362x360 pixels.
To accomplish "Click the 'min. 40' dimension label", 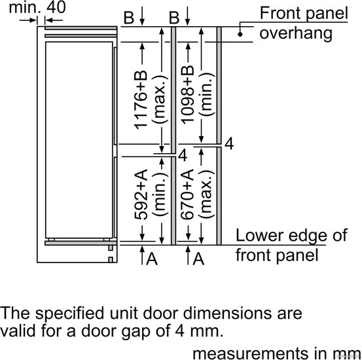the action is [37, 7].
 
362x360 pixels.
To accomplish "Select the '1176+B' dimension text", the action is [141, 99].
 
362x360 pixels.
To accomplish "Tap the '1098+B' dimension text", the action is [187, 95].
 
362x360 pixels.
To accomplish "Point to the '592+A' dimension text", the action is [141, 194].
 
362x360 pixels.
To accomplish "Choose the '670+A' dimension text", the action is [187, 194].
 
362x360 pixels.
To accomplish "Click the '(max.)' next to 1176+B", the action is [160, 99].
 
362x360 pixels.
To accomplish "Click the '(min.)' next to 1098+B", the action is [206, 94].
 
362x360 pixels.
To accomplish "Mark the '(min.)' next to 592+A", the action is [160, 194].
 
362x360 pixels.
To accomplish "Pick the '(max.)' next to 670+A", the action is [206, 194].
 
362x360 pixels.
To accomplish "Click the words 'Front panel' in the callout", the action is [304, 13].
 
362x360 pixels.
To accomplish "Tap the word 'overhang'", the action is [296, 34].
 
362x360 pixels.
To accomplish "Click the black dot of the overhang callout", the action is [240, 35].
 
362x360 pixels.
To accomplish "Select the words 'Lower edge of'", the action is [291, 236].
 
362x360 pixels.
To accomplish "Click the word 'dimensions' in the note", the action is [228, 314].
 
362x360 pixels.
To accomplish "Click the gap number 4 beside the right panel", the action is [229, 144].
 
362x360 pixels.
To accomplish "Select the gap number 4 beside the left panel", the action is [183, 155].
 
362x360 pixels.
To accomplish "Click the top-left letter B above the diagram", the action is [129, 18].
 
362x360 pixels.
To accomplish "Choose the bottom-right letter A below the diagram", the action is [198, 259].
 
